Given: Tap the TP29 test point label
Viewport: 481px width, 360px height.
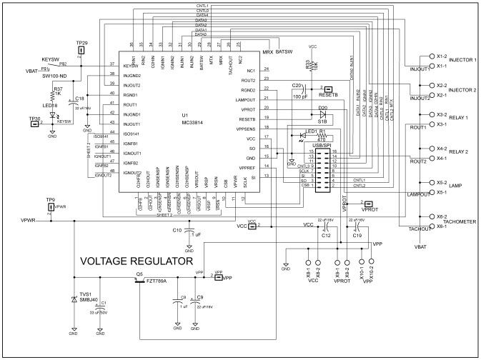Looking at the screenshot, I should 81,44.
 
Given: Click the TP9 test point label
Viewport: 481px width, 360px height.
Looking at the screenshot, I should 50,199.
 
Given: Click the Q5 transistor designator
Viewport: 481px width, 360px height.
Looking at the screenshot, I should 139,274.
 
